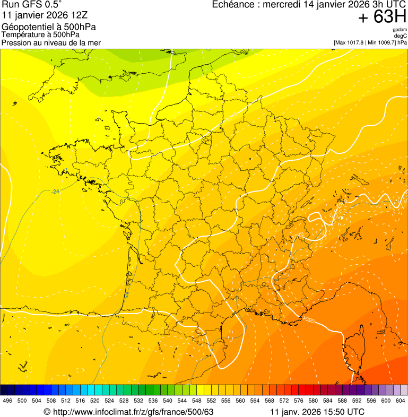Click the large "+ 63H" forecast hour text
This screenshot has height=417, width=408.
[x=382, y=17]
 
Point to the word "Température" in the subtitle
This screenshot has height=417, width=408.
[x=22, y=35]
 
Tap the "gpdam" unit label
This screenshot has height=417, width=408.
[x=400, y=30]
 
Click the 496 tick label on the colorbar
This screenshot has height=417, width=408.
[x=7, y=401]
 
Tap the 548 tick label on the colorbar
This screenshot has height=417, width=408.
[x=196, y=401]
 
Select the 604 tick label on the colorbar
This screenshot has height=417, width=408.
[x=400, y=401]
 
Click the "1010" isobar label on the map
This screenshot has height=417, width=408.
[x=231, y=115]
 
